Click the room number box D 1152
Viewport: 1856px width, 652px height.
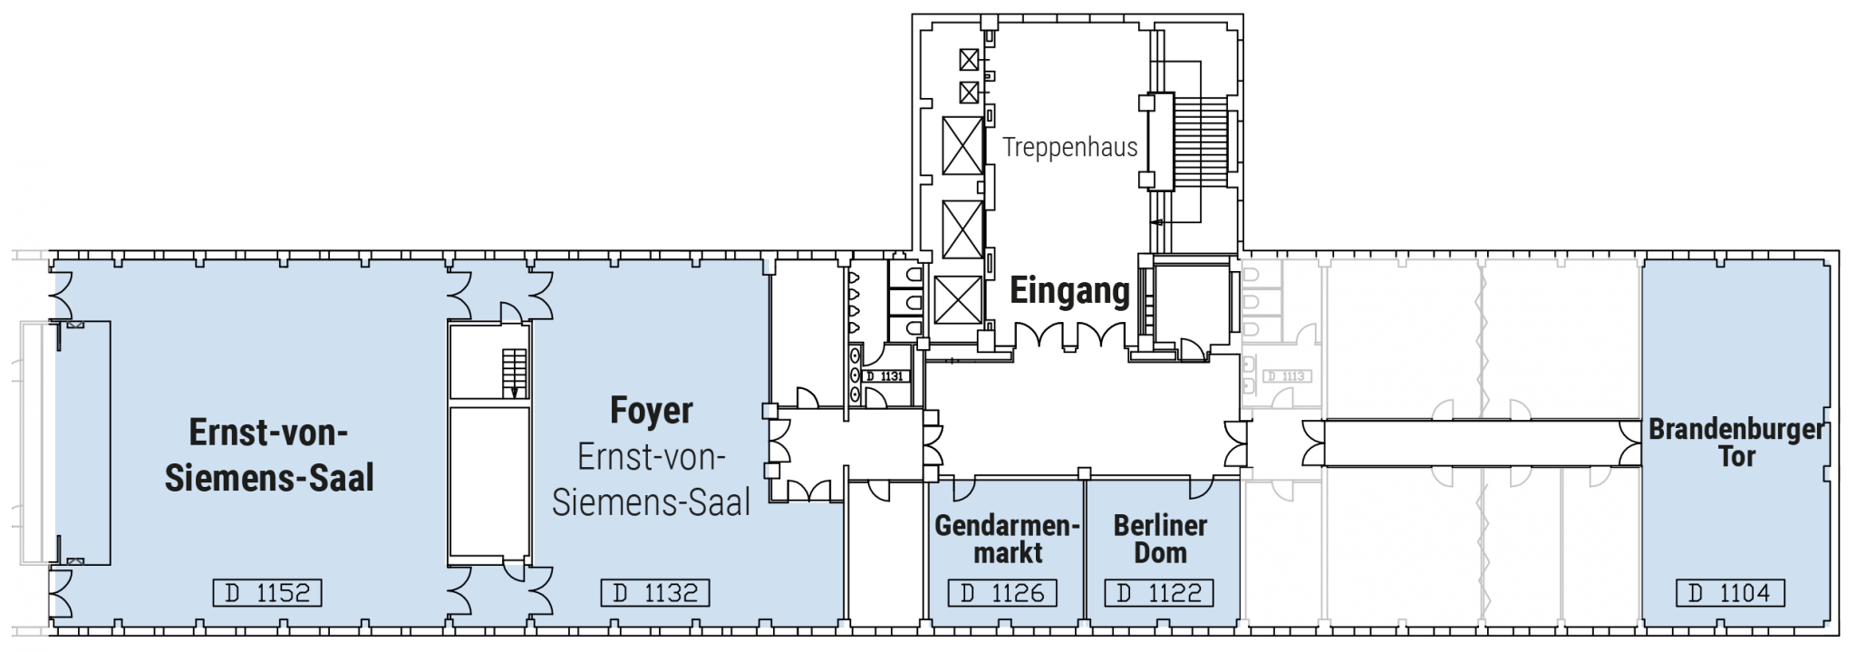pos(267,593)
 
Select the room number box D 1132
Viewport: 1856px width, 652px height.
pos(655,593)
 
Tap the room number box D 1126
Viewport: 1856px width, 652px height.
pos(1002,593)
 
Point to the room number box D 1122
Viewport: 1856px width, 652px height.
pos(1159,593)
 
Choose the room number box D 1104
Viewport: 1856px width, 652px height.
pos(1730,593)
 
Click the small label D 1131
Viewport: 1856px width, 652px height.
pos(884,375)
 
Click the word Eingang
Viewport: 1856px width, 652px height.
pos(1069,291)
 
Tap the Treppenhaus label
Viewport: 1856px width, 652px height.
pos(1069,147)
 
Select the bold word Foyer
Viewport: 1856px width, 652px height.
pos(651,411)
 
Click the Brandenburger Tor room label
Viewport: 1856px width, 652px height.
pos(1736,443)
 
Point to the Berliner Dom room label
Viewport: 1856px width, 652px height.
pos(1160,539)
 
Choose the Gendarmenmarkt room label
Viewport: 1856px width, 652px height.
pos(1007,539)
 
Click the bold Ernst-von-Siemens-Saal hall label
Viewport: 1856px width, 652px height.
pos(269,455)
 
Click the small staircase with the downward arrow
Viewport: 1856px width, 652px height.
pos(514,373)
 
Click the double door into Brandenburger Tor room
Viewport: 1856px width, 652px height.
pos(1631,443)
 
